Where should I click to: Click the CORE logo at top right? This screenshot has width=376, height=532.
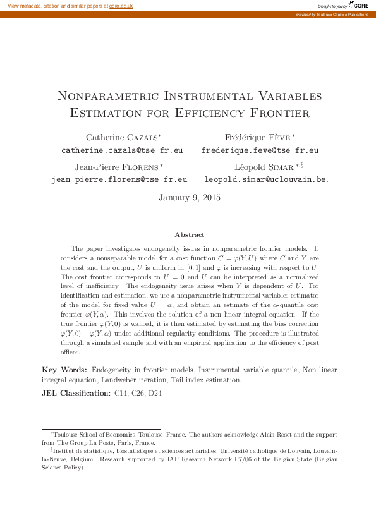(x=361, y=5)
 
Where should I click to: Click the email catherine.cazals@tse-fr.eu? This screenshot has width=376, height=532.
(x=122, y=151)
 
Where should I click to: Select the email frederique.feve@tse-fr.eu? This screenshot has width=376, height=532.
(x=260, y=151)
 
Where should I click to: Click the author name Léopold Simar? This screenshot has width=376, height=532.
(x=260, y=167)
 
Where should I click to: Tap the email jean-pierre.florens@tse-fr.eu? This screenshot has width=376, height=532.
(x=119, y=179)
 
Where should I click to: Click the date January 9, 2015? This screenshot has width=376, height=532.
(x=189, y=197)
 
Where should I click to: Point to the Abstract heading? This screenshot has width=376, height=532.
(x=189, y=234)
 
